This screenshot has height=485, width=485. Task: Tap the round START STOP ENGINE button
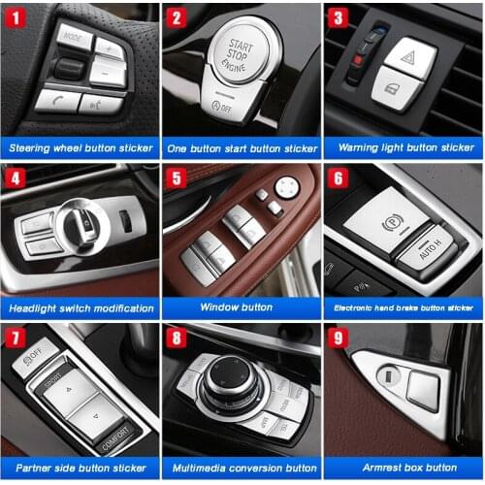(x=238, y=50)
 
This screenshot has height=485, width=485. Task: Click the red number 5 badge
(x=177, y=178)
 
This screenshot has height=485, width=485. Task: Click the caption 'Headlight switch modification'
(x=81, y=307)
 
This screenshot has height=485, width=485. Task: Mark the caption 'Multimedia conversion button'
(x=242, y=469)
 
